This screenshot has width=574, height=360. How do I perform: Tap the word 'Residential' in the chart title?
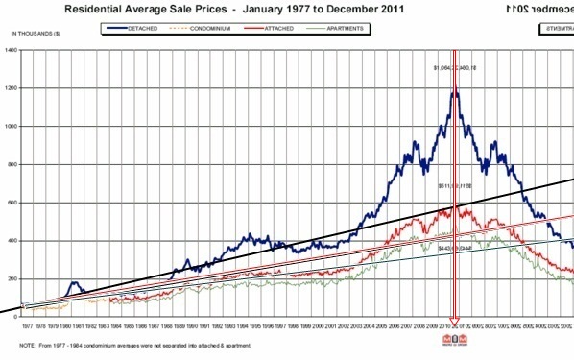[x=100, y=8]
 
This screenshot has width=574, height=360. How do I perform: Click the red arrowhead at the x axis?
[x=455, y=320]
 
